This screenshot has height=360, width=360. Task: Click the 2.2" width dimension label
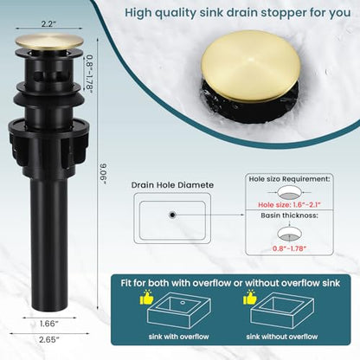pos(48,23)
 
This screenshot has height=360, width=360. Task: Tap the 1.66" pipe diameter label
pos(49,324)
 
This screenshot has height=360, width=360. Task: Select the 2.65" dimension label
pos(49,340)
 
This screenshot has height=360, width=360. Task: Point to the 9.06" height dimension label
pos(103,174)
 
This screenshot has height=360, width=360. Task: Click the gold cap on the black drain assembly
pos(49,42)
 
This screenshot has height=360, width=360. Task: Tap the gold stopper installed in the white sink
pos(250,66)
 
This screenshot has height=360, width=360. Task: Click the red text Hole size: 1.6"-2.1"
pos(289,205)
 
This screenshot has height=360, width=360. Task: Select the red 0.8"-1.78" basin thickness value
pos(289,248)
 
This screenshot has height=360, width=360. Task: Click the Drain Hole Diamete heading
pos(172,185)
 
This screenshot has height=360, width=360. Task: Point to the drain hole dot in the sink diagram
pos(172,215)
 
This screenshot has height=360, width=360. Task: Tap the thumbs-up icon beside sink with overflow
pos(146,297)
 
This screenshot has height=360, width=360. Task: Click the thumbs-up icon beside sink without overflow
pos(250,297)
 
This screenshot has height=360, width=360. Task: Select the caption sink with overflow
pos(179,337)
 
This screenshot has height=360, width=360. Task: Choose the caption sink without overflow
pos(282,337)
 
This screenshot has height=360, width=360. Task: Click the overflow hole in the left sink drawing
pos(183,303)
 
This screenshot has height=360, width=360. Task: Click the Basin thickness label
pos(289,215)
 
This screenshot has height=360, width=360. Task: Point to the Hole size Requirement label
pos(289,179)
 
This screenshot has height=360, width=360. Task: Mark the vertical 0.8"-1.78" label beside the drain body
pos(89,74)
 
